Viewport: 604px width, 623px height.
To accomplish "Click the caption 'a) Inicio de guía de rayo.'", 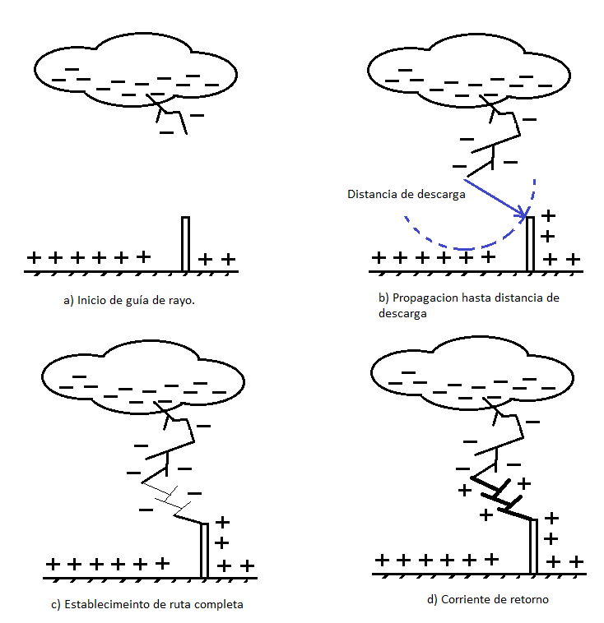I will click(x=129, y=301).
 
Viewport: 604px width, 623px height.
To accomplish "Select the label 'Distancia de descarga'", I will click(x=407, y=195).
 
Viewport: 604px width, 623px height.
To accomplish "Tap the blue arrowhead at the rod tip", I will click(x=523, y=216).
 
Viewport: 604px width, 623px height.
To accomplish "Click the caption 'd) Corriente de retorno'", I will click(x=488, y=599).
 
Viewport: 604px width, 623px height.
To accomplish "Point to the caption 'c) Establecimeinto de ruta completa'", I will click(x=147, y=605).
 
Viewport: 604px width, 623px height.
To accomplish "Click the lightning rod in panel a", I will click(x=186, y=243).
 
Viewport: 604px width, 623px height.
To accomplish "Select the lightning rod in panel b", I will click(x=531, y=243).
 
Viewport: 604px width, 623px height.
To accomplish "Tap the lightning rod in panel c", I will click(x=204, y=551).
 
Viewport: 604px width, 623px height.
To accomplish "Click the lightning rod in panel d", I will click(x=534, y=546).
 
